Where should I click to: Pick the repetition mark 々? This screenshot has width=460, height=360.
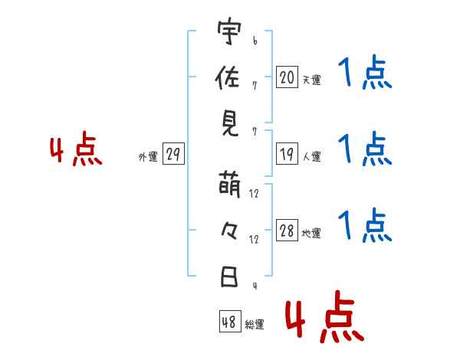tap(228, 231)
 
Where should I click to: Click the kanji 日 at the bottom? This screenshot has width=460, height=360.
tap(228, 277)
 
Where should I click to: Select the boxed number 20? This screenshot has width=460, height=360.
tap(287, 77)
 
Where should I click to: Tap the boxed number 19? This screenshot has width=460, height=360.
tap(287, 155)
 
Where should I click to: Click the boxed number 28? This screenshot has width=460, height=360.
tap(287, 232)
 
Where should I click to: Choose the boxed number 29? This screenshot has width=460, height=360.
tap(172, 155)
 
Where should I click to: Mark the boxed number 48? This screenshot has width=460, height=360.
tap(229, 322)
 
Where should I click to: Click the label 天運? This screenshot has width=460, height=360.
tap(311, 79)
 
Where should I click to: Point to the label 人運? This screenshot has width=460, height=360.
tap(311, 157)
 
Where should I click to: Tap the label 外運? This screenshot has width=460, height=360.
tap(147, 157)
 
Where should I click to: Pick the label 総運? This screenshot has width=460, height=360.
tap(255, 325)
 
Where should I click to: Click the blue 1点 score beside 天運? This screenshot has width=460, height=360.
tap(365, 75)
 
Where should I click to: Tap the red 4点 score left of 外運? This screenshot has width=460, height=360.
tap(76, 151)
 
